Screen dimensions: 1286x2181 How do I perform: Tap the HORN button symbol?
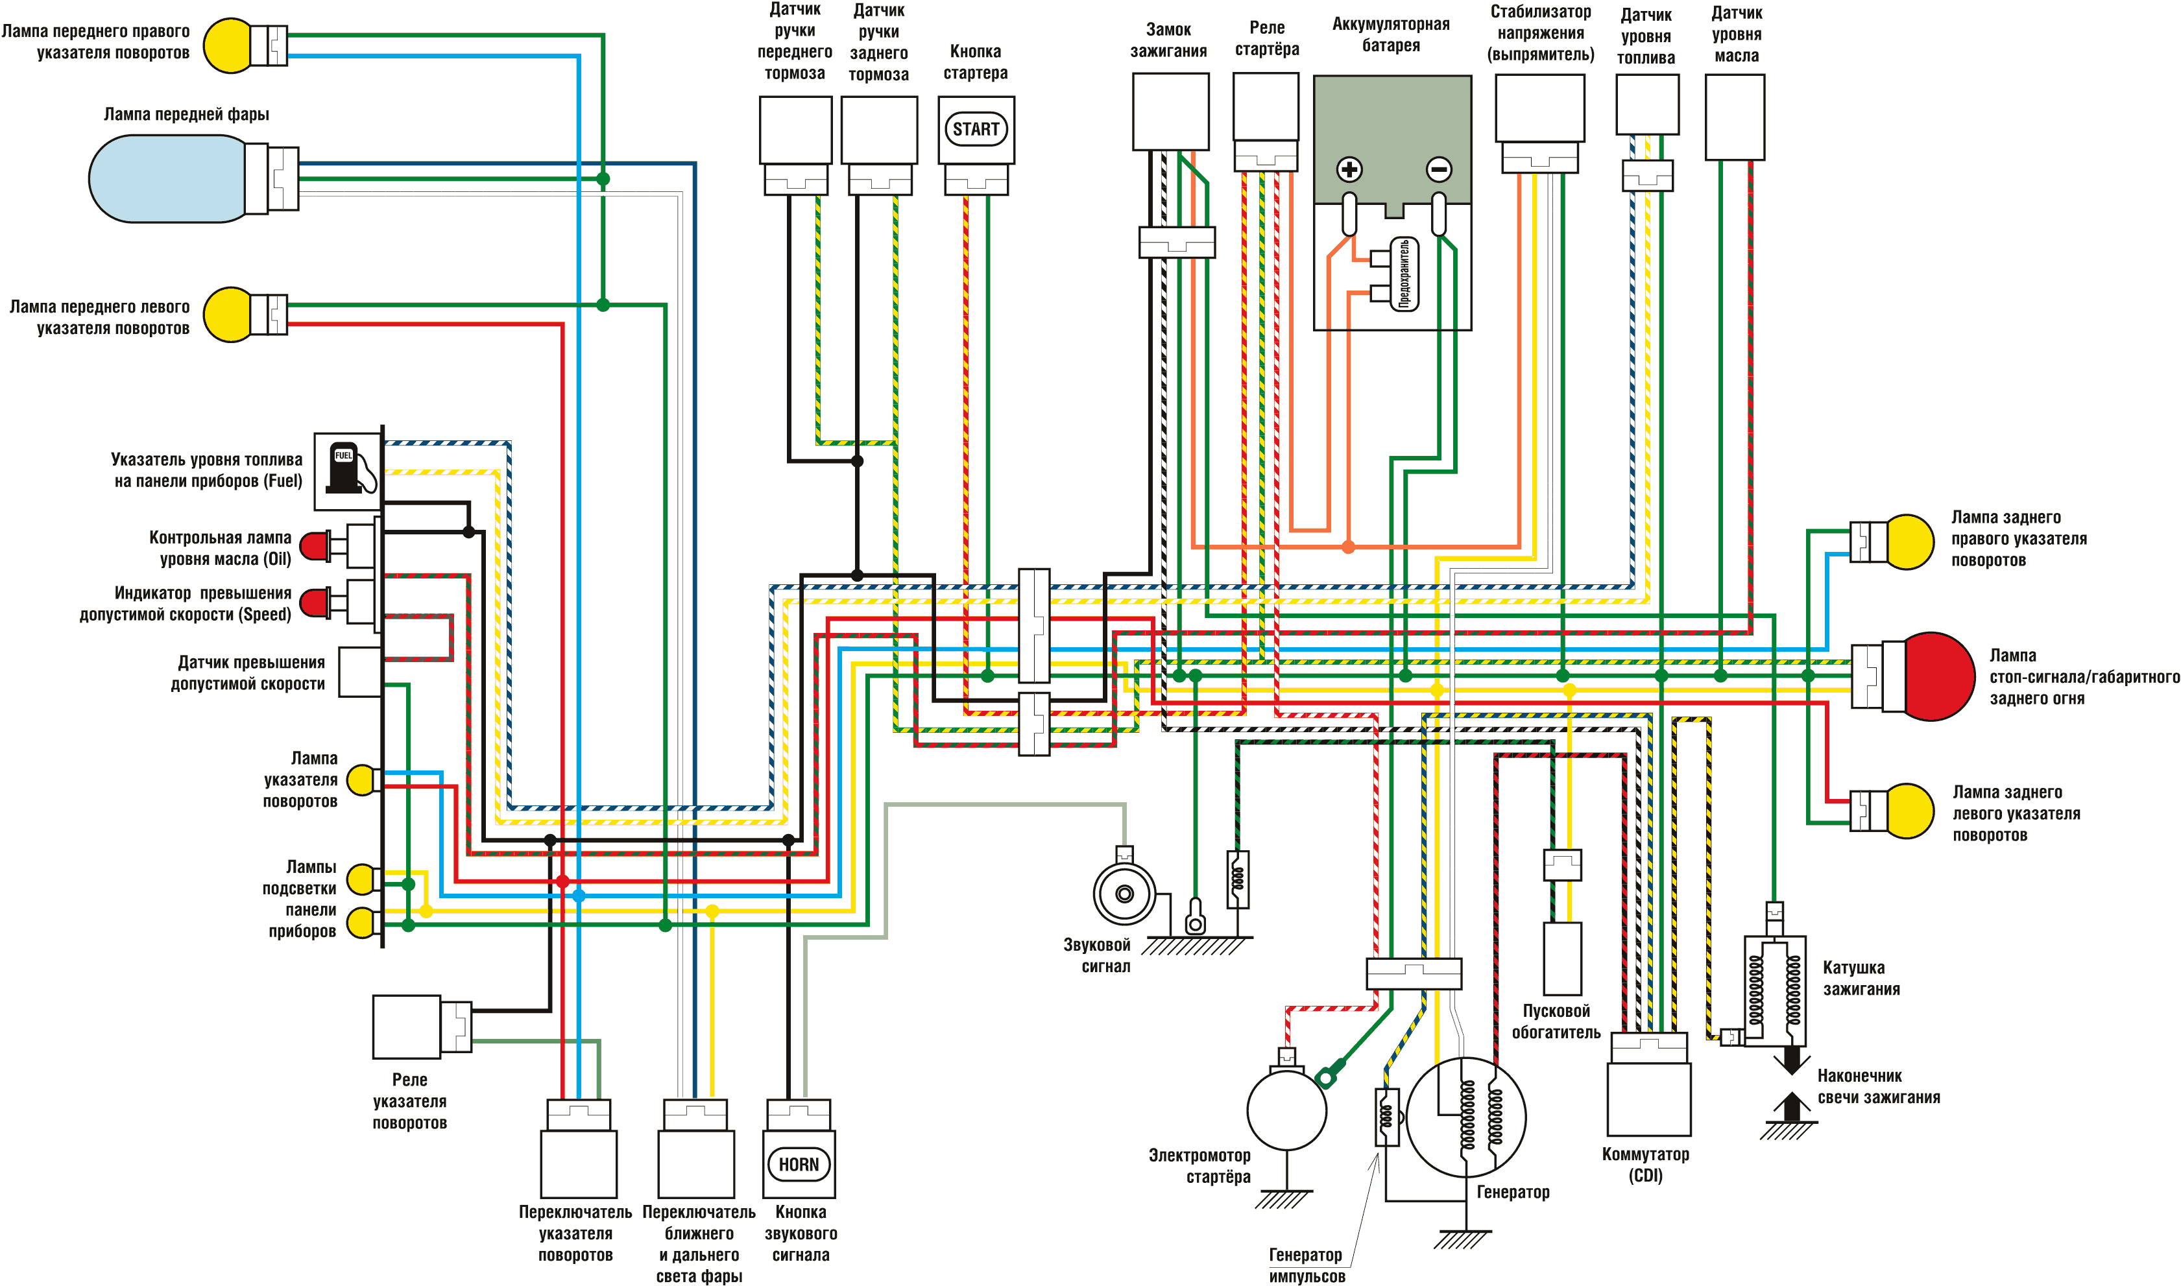[799, 1164]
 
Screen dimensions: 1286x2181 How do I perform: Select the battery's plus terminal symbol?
[1349, 169]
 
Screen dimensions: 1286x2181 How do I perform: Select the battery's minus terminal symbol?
[1439, 169]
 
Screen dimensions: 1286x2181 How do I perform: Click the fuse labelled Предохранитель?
[1403, 274]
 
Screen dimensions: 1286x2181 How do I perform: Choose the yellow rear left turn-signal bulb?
[1908, 810]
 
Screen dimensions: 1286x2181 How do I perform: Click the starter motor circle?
[1286, 1110]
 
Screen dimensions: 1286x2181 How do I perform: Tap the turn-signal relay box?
[407, 1027]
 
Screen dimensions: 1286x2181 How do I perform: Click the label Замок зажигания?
[1168, 40]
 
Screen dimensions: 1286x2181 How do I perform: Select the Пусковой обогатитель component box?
[1562, 959]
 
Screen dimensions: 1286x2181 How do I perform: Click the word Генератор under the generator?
[1513, 1191]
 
